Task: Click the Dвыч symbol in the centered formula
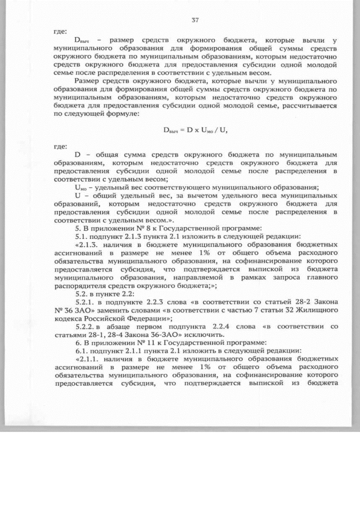click(x=170, y=130)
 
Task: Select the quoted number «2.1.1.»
click(x=92, y=358)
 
